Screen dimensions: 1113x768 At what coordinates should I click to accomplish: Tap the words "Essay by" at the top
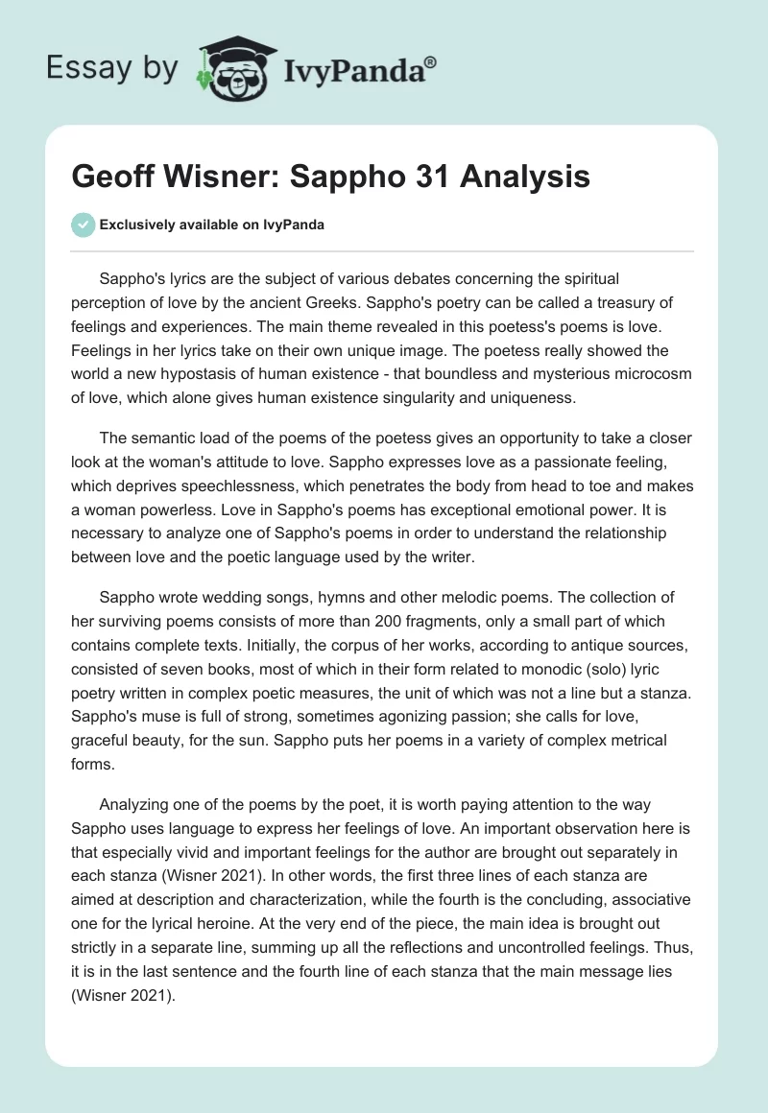coord(111,67)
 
